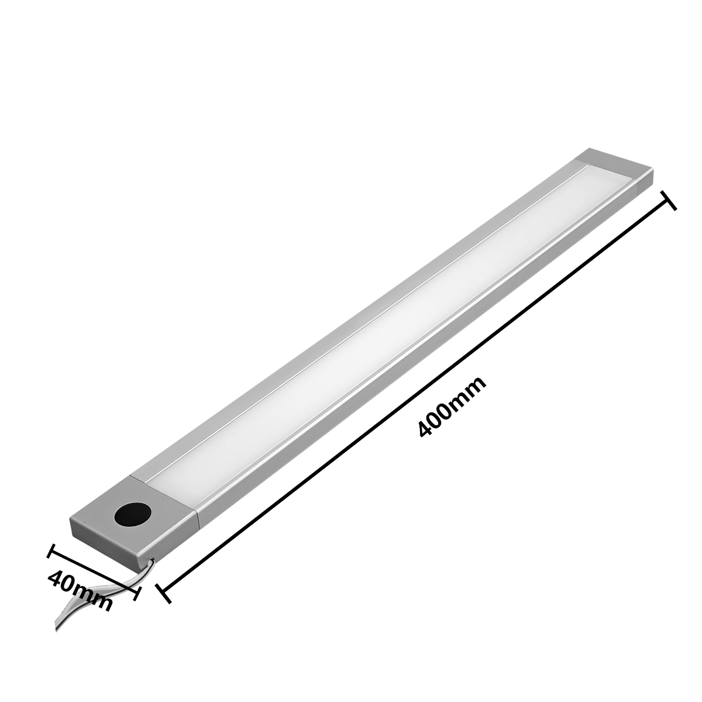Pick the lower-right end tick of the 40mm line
pyautogui.click(x=136, y=591)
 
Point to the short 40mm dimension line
pyautogui.click(x=94, y=571)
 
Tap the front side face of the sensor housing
pyautogui.click(x=105, y=541)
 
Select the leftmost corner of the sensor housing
pyautogui.click(x=71, y=517)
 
